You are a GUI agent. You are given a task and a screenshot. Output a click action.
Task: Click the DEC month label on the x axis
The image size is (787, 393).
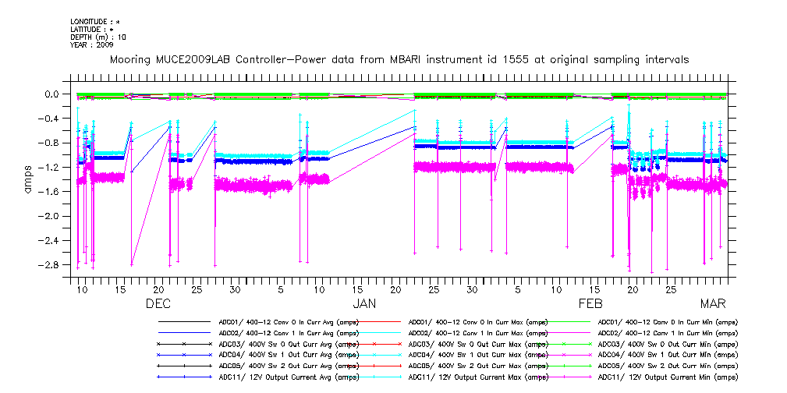pos(158,303)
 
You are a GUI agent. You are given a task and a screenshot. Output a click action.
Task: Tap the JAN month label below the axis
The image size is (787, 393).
pos(365,303)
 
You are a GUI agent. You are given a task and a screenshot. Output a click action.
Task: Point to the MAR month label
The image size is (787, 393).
pos(713,303)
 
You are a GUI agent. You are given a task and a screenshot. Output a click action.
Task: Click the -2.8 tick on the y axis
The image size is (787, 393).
pos(52,265)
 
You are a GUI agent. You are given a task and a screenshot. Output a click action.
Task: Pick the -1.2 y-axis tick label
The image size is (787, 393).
pos(52,167)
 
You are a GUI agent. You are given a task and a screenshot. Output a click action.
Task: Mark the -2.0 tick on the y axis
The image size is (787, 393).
pos(52,216)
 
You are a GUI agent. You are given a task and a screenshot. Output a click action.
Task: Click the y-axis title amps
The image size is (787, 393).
pos(29,179)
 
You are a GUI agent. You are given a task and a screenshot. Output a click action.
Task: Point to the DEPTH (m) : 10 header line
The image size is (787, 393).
pos(98,37)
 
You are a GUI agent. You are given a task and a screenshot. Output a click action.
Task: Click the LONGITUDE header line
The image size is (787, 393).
pos(95,21)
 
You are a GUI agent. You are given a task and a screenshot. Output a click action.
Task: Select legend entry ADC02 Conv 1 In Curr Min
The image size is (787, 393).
pos(667,333)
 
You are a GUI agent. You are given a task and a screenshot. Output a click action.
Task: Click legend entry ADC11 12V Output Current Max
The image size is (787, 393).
pos(477,377)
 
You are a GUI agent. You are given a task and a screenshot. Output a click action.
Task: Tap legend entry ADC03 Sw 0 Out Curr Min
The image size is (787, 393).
pos(667,344)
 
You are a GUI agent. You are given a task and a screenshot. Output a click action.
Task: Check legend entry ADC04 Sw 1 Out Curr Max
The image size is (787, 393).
pos(477,355)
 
